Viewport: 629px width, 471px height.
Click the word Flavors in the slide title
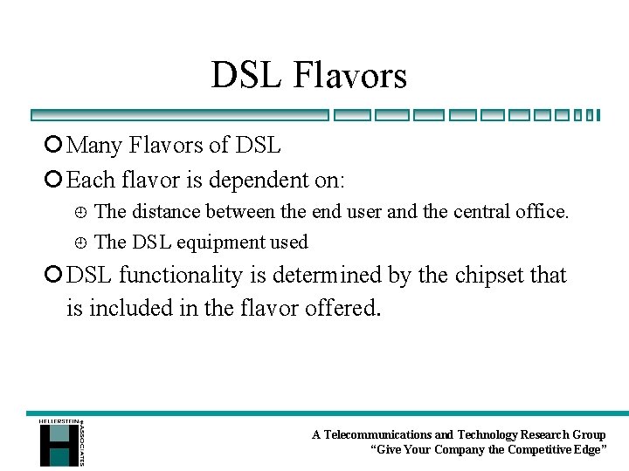point(349,76)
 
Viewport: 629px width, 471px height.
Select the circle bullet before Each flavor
point(55,181)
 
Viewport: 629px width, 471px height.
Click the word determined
point(329,276)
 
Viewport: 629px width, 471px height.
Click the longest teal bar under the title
point(180,114)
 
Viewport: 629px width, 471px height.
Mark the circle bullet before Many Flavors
point(55,145)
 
